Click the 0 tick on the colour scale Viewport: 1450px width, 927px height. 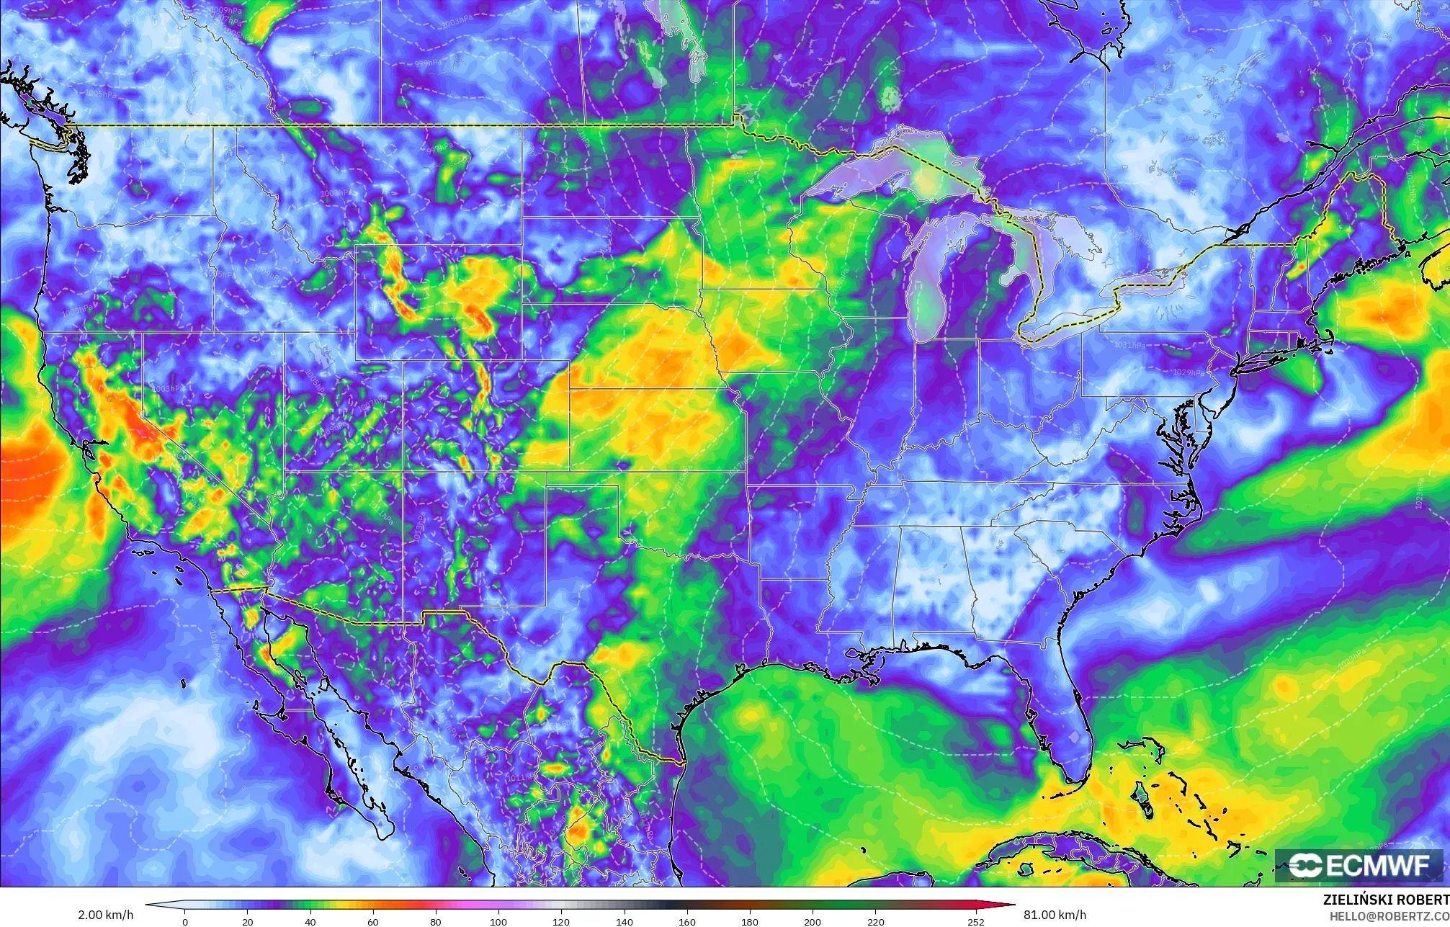185,921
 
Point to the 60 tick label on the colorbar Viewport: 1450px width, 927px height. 373,921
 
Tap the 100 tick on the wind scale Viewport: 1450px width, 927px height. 498,921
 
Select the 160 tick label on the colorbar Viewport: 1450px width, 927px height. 687,921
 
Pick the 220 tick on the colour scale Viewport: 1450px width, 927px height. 876,921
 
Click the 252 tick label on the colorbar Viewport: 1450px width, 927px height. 976,921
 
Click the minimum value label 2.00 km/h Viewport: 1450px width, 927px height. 105,915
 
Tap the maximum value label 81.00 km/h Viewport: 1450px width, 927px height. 1055,915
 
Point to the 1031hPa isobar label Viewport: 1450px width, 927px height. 1129,345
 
